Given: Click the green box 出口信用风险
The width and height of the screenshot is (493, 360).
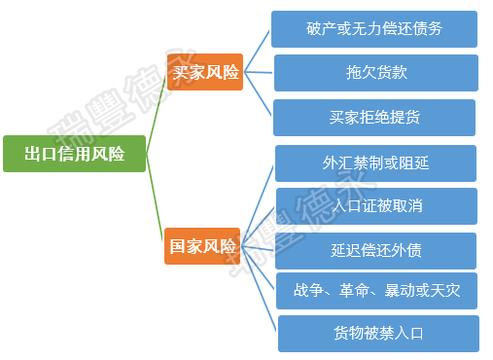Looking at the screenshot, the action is pos(74,154).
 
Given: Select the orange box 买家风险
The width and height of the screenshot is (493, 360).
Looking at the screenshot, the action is pos(205,72).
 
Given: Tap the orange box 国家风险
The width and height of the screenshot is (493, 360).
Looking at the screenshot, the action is pos(202,246).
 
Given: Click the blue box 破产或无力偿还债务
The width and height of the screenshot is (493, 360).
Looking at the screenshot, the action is pos(374,29).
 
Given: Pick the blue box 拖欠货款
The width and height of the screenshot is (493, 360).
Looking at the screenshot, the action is pos(376,73).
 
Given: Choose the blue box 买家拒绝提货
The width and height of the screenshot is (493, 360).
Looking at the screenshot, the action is pos(374,118).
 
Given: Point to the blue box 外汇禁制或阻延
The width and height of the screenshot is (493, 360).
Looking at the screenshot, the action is pos(375,163).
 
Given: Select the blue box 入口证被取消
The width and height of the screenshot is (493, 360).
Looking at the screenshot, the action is pos(376,206).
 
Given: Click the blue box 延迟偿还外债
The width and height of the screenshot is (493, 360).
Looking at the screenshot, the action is pos(375,251).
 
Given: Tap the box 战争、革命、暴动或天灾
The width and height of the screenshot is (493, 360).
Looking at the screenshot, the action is pos(376,291).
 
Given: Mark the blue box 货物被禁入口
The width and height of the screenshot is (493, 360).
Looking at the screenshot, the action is pos(378,334).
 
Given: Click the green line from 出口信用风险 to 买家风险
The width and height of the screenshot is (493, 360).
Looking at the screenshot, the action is pos(157,112).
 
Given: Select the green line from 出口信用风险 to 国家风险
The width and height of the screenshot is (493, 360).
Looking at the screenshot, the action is pos(155,198).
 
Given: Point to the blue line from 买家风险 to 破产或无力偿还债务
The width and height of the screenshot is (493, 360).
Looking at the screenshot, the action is pos(257,52).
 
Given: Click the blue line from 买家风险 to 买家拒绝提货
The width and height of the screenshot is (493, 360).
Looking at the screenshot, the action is pos(258,93).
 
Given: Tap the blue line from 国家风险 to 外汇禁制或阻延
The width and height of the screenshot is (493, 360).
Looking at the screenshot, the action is pos(257,206).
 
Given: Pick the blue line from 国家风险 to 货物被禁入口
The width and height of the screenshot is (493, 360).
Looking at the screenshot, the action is pos(259,289).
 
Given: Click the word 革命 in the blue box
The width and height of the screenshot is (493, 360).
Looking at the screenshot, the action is pos(354,290).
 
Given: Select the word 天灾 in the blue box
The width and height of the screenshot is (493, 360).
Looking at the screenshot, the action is pos(445,290).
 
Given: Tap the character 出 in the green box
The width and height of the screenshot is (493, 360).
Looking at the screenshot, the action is pos(33,154).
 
